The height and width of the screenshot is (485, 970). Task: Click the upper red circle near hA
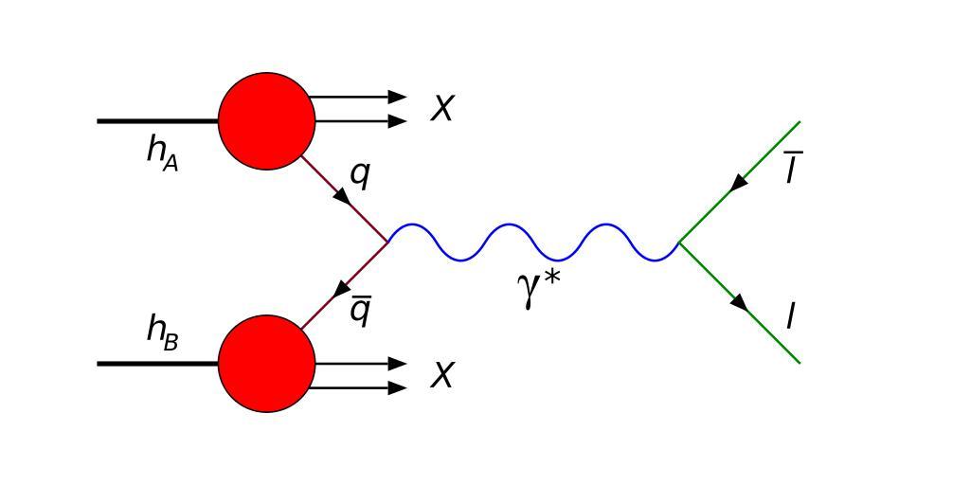click(x=266, y=120)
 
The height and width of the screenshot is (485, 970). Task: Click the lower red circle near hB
click(x=266, y=364)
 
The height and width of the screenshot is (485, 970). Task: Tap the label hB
click(x=162, y=331)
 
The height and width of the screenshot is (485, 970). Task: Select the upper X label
click(x=442, y=109)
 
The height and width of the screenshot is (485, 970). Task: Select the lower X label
click(x=442, y=376)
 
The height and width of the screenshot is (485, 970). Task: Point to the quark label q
click(x=360, y=174)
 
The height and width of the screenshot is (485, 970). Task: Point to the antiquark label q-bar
click(x=360, y=310)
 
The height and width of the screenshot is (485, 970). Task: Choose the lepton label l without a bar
click(x=791, y=316)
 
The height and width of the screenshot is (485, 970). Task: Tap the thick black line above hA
click(x=157, y=121)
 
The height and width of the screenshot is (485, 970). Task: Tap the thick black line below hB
click(x=157, y=363)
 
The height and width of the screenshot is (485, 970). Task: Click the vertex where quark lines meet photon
click(x=387, y=242)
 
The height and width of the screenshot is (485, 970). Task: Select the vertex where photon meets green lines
click(x=679, y=242)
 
